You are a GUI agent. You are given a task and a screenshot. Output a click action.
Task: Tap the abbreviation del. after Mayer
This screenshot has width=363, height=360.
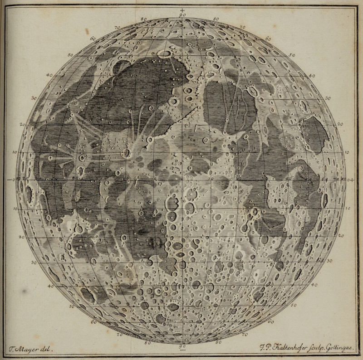tap(49, 350)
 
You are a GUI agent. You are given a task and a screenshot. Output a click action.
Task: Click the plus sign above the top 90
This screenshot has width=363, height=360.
tap(182, 10)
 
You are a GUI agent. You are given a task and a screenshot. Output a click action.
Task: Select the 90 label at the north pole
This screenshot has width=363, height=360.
tap(182, 15)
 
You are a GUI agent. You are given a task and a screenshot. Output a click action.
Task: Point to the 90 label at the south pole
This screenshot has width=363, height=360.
tap(182, 347)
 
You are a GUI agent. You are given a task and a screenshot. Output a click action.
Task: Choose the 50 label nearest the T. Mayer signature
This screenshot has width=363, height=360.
tap(71, 307)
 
